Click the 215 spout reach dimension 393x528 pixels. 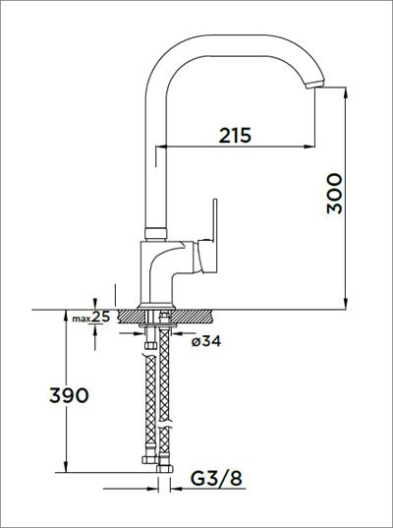pos(235,136)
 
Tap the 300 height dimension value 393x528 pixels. pos(335,194)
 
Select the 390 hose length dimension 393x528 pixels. pos(69,395)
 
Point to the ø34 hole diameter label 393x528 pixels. pos(206,341)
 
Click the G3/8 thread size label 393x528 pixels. pos(216,478)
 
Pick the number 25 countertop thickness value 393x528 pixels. pos(101,317)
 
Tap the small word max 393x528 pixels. pos(82,319)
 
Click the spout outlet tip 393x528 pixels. pos(313,86)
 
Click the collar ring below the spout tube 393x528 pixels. pos(156,233)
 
